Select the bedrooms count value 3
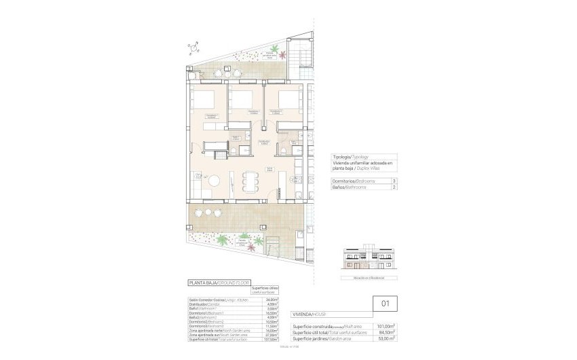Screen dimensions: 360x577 tap(394, 181)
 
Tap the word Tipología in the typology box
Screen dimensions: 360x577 tap(343, 155)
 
